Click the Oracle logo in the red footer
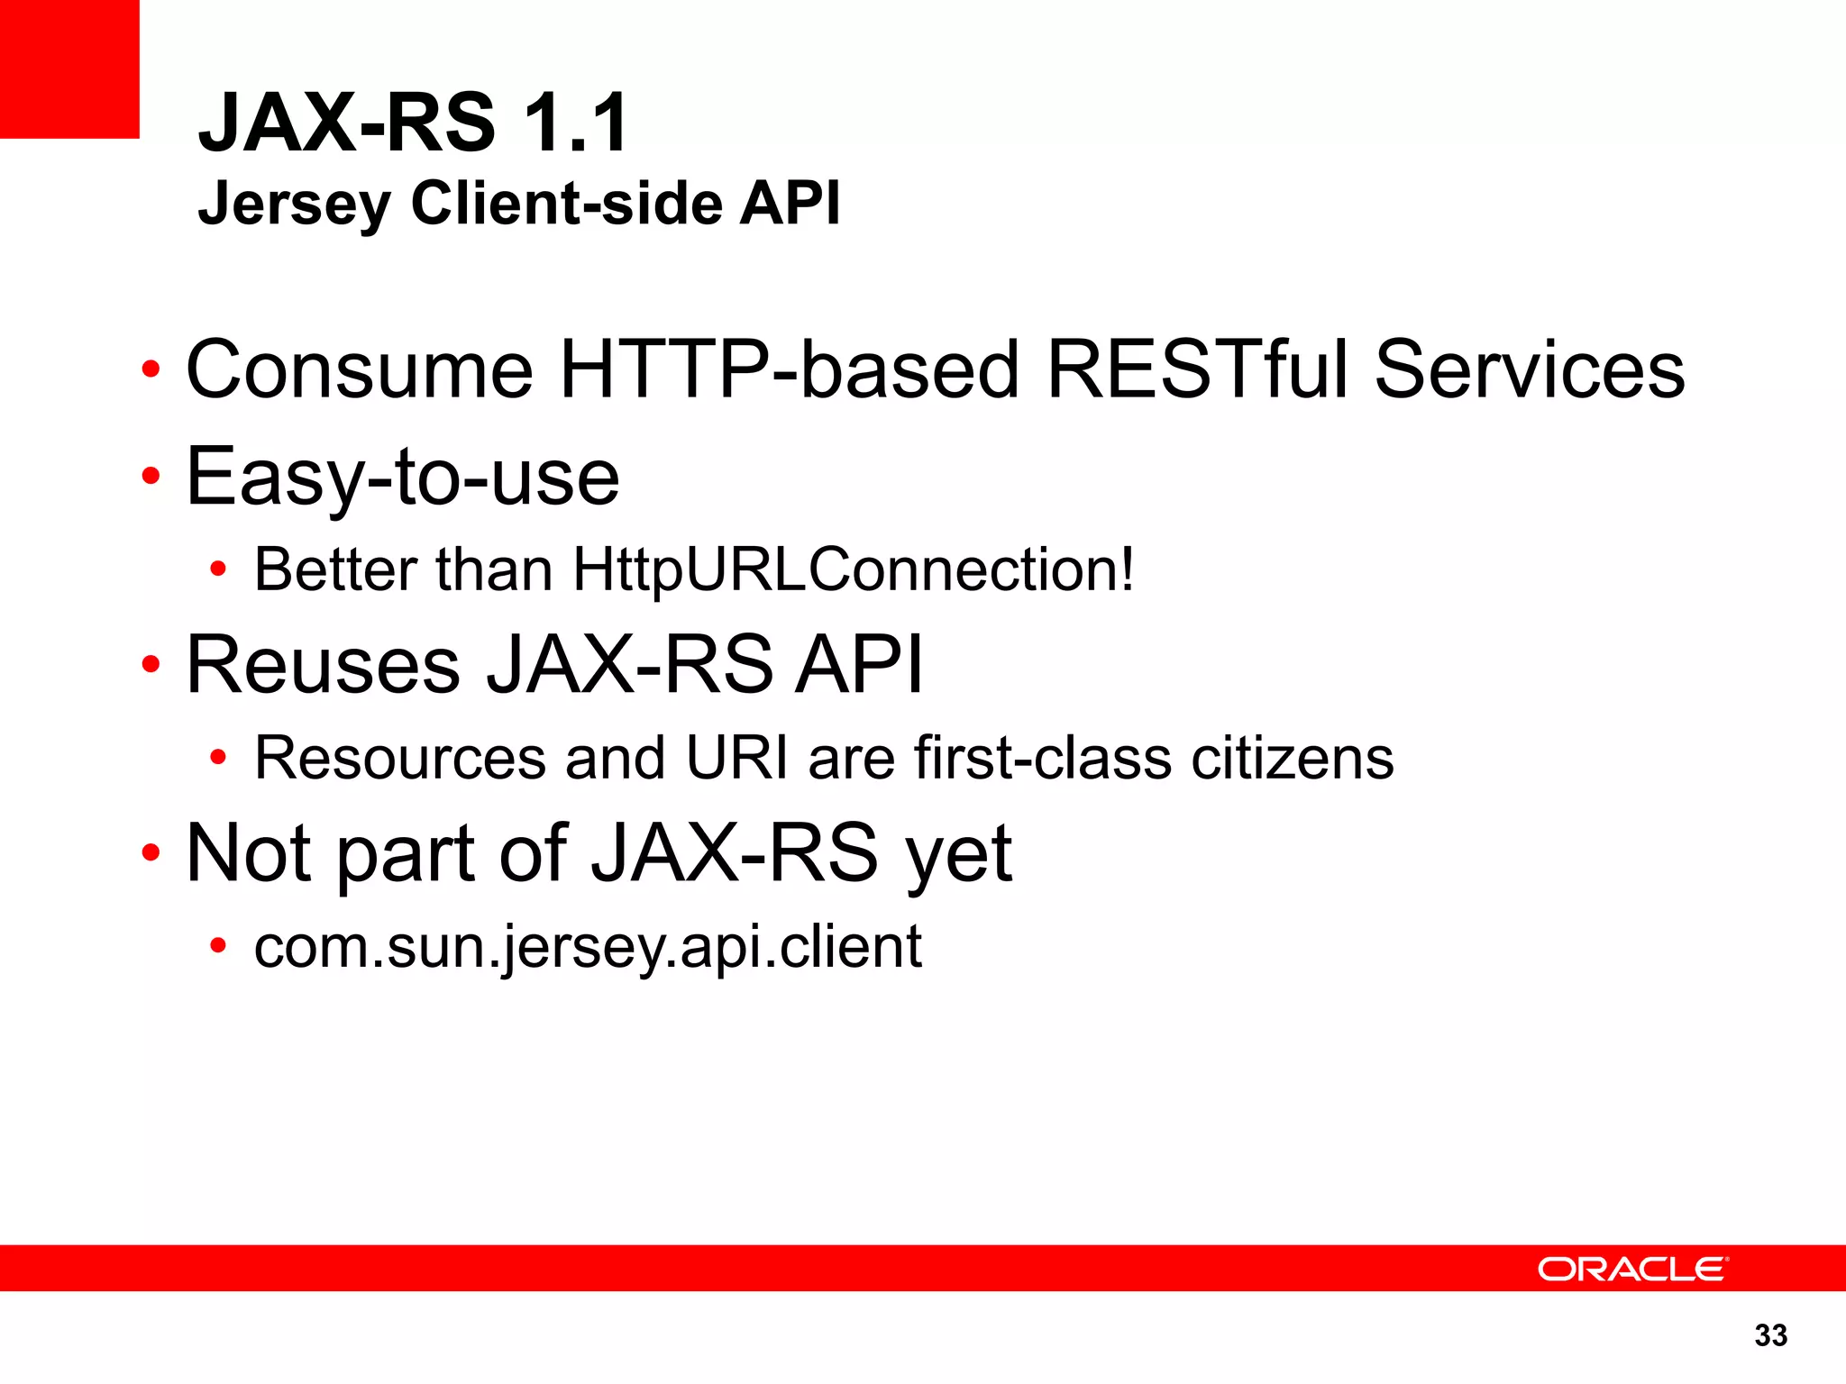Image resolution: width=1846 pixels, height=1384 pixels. coord(1631,1269)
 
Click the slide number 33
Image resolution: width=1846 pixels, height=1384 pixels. coord(1770,1335)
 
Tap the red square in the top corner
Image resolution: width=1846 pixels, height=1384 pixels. coord(69,68)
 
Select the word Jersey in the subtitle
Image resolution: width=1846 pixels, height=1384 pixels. coord(294,205)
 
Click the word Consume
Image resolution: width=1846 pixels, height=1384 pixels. coord(360,369)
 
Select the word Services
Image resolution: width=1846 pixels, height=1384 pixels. coord(1529,369)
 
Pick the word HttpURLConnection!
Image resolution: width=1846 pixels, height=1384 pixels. coord(853,569)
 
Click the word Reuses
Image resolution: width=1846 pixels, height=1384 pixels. coord(324,665)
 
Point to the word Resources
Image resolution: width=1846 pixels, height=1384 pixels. coord(400,758)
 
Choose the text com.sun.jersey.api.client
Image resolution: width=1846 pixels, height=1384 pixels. coord(588,947)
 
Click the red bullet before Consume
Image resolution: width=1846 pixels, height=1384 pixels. coord(151,370)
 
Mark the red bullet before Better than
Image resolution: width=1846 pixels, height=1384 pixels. coord(217,570)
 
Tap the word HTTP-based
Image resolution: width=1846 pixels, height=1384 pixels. coord(789,369)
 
